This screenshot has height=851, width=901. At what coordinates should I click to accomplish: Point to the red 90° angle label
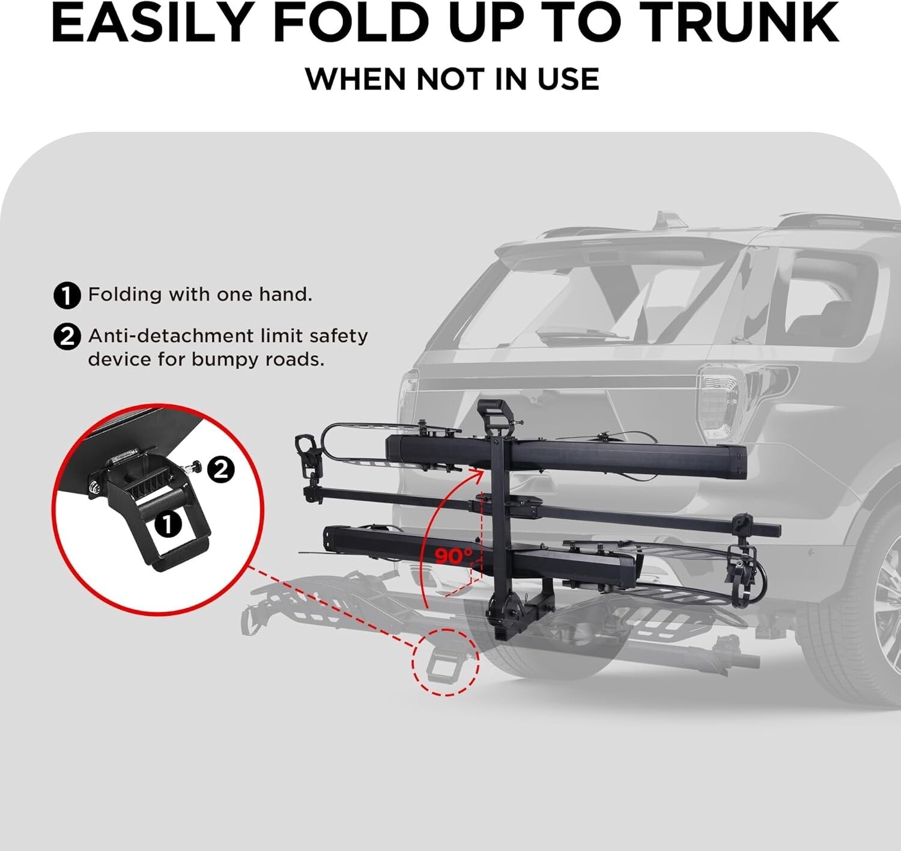pos(454,556)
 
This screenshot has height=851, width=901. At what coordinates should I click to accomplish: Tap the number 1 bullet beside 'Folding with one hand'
pos(67,296)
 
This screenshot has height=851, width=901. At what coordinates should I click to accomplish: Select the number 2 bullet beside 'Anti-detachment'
pos(67,337)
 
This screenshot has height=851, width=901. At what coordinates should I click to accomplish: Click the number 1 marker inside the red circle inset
pos(168,524)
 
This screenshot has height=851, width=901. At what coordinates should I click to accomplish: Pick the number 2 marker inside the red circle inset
pos(222,469)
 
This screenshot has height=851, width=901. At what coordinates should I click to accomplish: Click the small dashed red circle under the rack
pos(445,662)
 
